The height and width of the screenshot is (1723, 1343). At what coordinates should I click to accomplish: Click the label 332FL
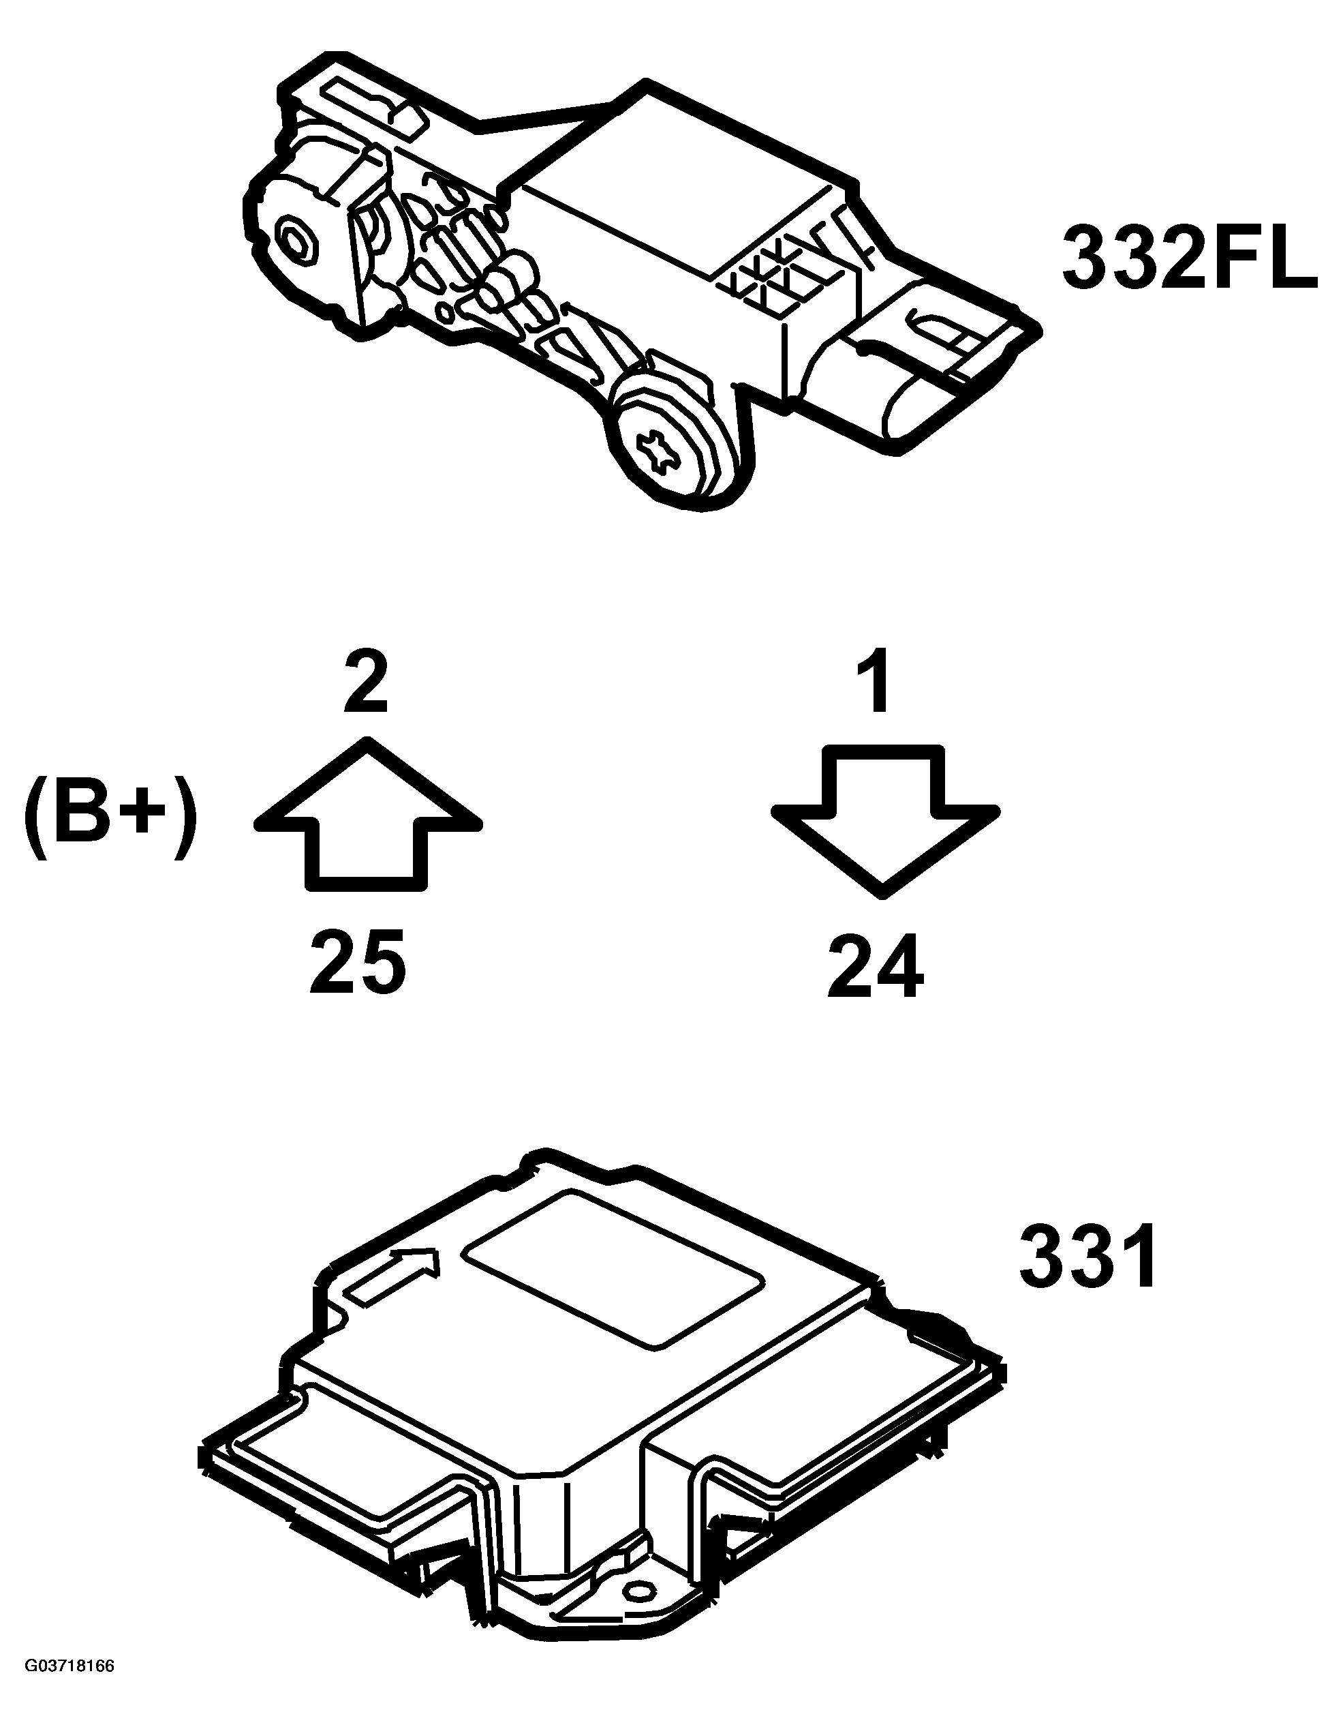(x=1190, y=255)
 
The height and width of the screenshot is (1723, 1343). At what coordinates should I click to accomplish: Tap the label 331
(x=1088, y=1255)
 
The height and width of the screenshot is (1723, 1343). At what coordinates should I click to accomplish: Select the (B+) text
(x=109, y=820)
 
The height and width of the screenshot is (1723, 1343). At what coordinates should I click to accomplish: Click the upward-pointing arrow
(x=367, y=814)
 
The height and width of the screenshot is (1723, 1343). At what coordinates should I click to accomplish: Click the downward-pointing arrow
(x=885, y=820)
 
